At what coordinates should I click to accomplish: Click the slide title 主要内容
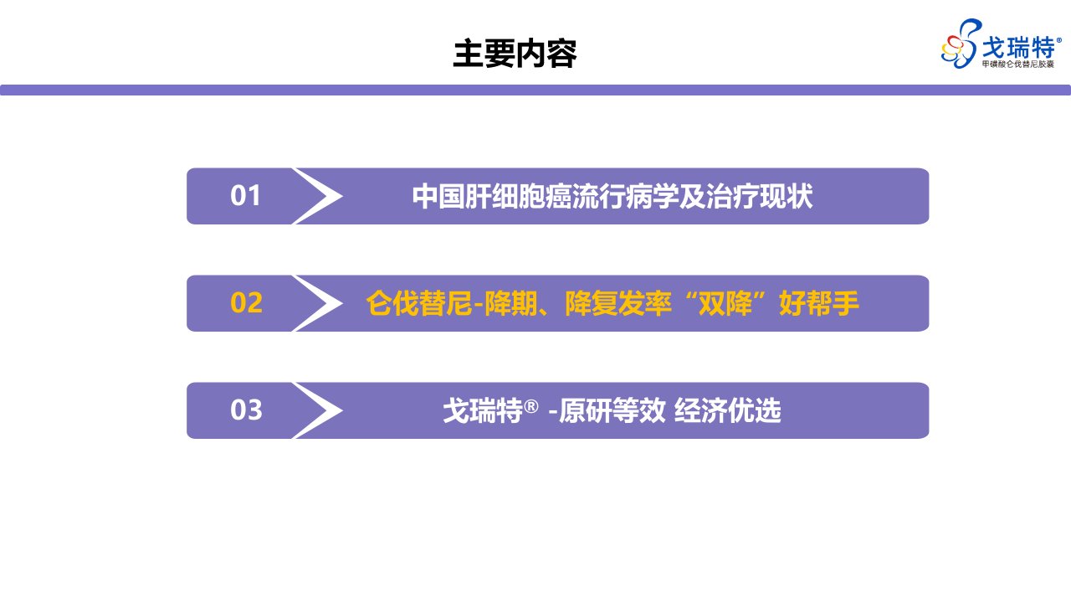point(515,54)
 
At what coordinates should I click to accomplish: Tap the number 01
point(245,196)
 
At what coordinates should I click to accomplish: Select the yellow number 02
point(246,303)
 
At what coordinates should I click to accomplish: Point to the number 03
point(246,410)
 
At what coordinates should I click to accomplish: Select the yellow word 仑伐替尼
point(419,303)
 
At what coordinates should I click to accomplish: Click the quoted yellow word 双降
point(725,303)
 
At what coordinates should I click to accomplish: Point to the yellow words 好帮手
point(819,303)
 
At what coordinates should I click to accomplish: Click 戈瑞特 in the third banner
point(483,410)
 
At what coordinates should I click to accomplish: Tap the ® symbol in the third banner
point(531,407)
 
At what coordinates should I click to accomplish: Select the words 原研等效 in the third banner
point(612,410)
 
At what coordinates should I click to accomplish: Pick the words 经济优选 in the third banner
point(728,410)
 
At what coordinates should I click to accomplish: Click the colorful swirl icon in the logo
point(960,44)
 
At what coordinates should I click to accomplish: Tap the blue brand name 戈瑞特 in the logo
point(1018,48)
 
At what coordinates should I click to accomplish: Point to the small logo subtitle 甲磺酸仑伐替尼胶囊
point(1018,64)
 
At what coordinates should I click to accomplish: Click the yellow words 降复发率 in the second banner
point(618,303)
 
